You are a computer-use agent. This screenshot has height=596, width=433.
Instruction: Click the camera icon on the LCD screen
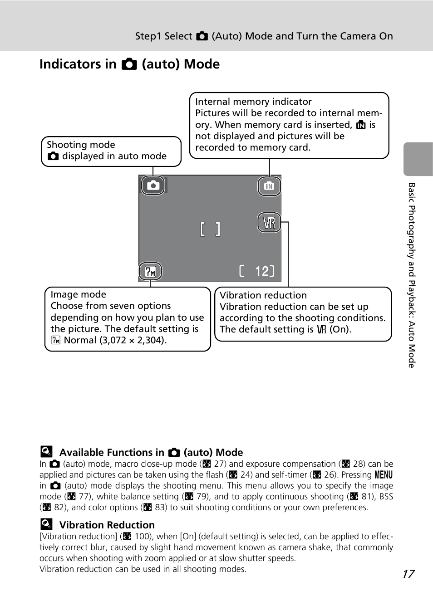click(x=153, y=185)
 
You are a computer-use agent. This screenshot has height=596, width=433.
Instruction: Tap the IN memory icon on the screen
click(x=269, y=186)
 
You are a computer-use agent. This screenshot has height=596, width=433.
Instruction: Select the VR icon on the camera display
click(x=269, y=223)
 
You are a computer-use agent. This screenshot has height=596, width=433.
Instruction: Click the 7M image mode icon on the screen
click(x=150, y=271)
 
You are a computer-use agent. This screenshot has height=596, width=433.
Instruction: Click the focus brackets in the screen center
click(x=210, y=230)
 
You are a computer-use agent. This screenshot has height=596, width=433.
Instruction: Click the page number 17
click(x=408, y=574)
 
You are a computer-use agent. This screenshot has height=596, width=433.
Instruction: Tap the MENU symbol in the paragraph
click(x=384, y=475)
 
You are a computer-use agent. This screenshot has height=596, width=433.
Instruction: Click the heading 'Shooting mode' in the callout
click(x=81, y=145)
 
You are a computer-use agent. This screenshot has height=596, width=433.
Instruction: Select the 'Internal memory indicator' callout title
click(x=253, y=102)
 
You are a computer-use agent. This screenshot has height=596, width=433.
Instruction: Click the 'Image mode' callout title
click(x=78, y=294)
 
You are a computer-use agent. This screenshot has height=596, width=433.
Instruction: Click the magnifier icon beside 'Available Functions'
click(x=46, y=451)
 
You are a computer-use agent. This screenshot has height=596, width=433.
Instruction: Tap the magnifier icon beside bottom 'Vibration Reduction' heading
click(x=46, y=524)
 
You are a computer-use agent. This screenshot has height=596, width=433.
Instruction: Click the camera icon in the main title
click(x=129, y=64)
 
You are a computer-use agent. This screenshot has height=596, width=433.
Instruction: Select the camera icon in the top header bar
click(x=202, y=36)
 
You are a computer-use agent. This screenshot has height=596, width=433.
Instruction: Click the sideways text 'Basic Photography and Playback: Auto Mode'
click(x=412, y=275)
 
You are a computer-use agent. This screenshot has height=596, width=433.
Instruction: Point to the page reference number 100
click(x=143, y=537)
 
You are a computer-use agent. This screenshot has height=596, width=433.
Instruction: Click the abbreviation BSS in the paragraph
click(x=386, y=497)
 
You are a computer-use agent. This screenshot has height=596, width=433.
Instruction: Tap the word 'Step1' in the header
click(x=148, y=36)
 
